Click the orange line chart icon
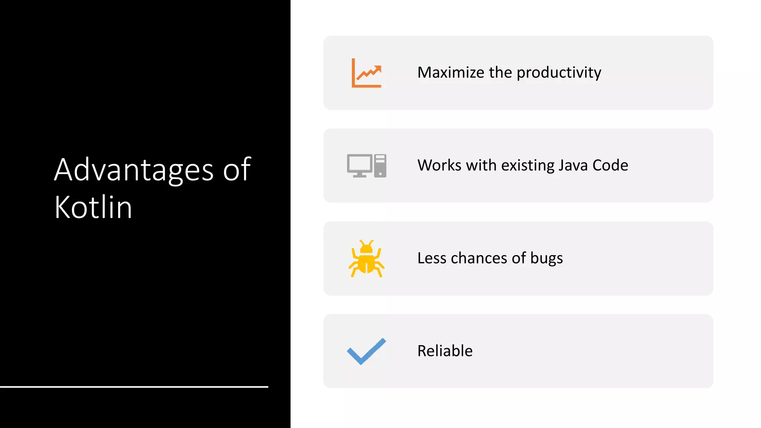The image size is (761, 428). [366, 73]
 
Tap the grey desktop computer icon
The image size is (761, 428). [366, 166]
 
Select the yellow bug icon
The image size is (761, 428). [366, 259]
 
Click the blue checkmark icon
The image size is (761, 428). [366, 351]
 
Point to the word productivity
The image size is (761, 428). [559, 72]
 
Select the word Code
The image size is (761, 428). [610, 165]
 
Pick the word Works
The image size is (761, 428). [439, 165]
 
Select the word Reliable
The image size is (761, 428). [445, 351]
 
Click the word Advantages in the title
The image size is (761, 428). [134, 170]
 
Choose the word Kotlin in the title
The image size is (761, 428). [93, 207]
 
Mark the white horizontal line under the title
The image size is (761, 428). [134, 387]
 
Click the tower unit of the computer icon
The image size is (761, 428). [380, 166]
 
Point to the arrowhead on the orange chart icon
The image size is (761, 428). [378, 69]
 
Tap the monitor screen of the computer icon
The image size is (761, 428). [359, 163]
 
